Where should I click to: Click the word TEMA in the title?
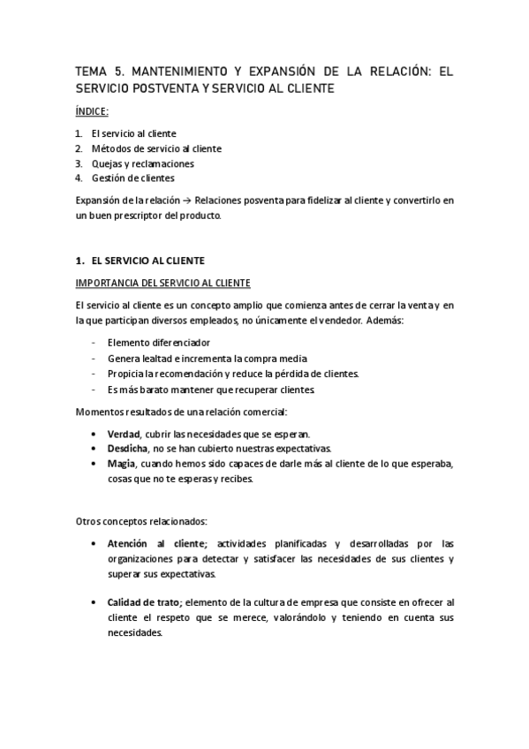(x=91, y=72)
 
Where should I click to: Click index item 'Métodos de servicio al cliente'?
(x=155, y=148)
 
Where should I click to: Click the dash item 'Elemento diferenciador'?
(x=158, y=343)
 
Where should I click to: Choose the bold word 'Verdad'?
(x=123, y=434)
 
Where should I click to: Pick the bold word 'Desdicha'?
(x=127, y=449)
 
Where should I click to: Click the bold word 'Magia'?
(x=121, y=464)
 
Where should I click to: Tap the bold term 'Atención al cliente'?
(x=155, y=543)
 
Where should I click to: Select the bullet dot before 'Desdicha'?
(x=94, y=449)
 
